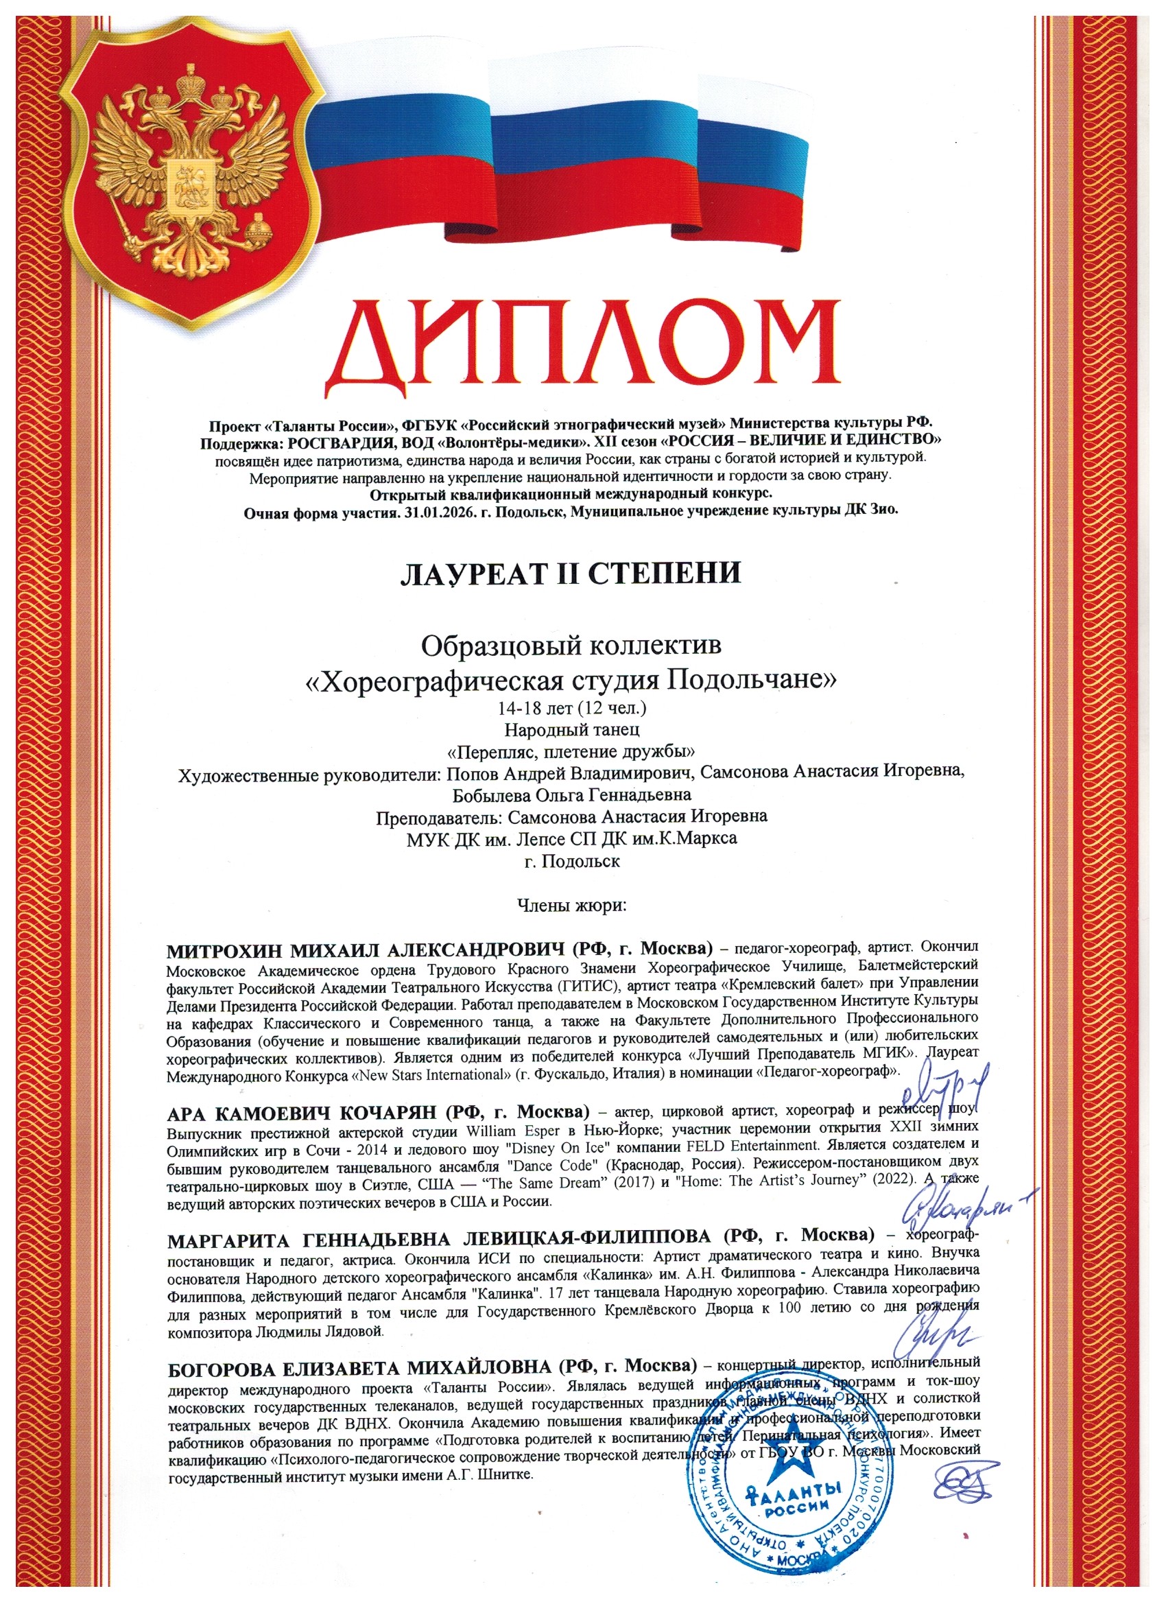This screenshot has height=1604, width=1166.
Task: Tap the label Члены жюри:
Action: (572, 906)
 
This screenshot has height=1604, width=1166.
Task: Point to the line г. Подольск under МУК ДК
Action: (572, 862)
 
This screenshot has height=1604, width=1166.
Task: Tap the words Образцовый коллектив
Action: (571, 645)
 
